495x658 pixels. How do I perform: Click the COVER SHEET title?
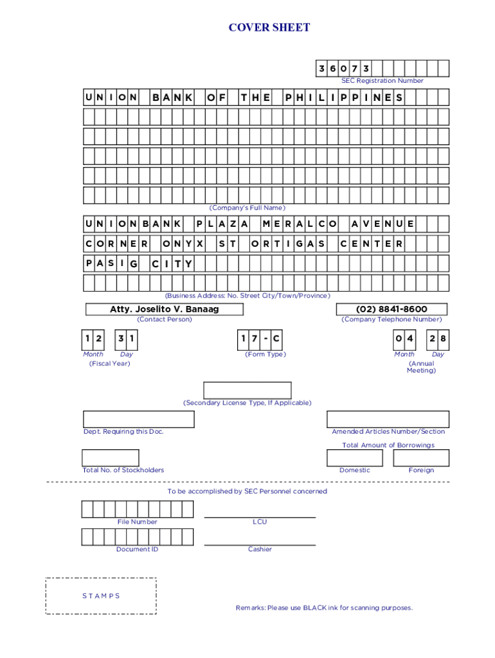coord(269,27)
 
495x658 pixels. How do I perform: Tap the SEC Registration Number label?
coord(382,81)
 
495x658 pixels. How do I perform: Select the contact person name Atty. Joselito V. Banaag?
coord(164,309)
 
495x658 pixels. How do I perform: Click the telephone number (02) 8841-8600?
coord(391,309)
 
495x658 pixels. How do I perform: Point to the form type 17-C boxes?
coord(260,339)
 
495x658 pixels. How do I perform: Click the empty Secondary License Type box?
coord(248,390)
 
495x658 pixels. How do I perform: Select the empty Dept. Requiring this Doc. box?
coord(138,419)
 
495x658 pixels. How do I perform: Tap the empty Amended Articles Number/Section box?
coord(388,419)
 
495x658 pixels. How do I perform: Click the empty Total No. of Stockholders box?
coord(106,458)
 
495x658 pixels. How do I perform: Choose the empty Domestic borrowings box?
coord(354,458)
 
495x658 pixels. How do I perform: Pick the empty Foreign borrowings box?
coord(421,458)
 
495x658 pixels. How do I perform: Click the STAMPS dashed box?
coord(101,596)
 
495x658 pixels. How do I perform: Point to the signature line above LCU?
coord(260,517)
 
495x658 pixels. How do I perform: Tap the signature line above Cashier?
coord(260,545)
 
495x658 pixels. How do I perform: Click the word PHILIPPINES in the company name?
coord(344,98)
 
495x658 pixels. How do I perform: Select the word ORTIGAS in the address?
coord(287,244)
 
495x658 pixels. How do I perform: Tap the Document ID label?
coord(137,549)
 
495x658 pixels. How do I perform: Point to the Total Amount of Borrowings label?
coord(388,445)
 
